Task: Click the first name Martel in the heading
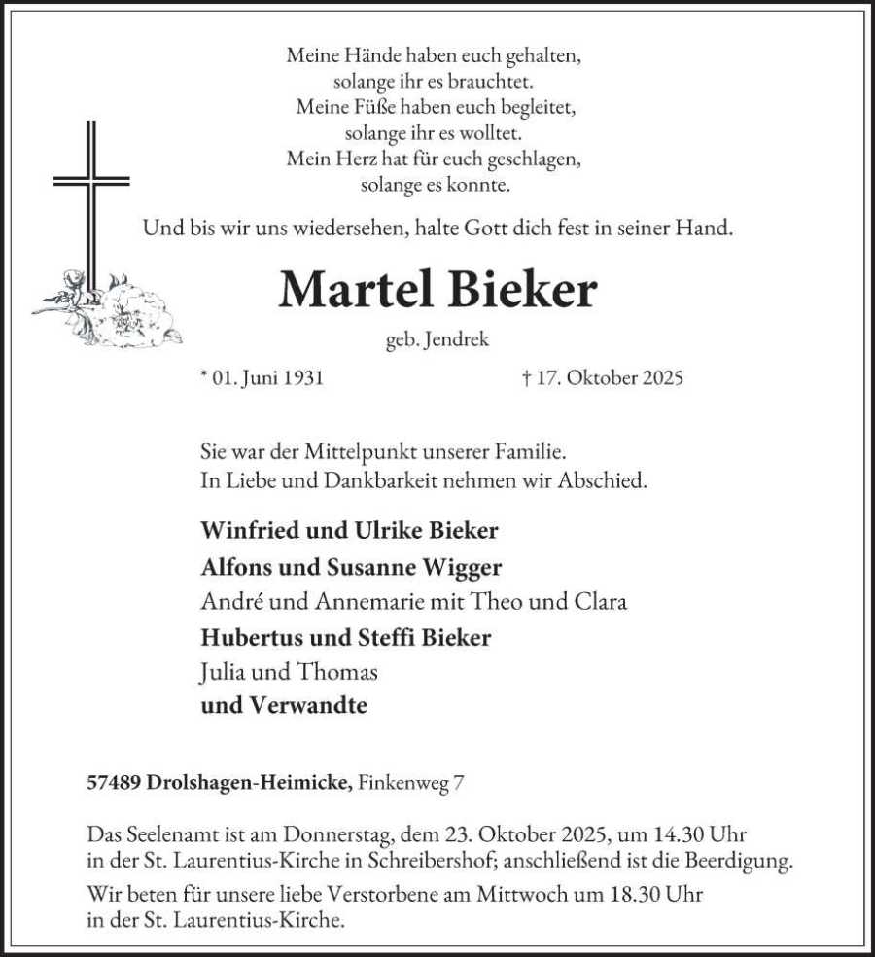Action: click(358, 290)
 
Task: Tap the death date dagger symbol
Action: click(526, 377)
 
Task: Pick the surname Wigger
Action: click(468, 567)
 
